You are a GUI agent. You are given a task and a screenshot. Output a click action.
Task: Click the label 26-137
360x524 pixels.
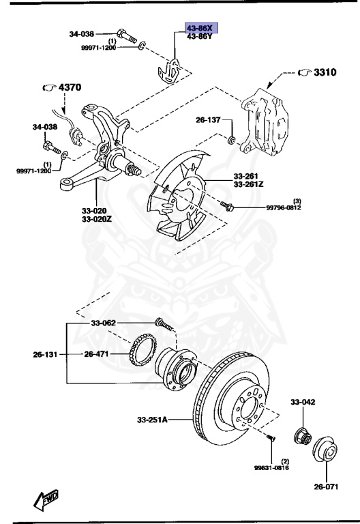[x=209, y=119]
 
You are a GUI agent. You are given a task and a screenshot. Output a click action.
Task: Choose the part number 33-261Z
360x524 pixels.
[x=250, y=184]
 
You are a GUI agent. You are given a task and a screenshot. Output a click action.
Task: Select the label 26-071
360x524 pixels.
[x=327, y=487]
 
